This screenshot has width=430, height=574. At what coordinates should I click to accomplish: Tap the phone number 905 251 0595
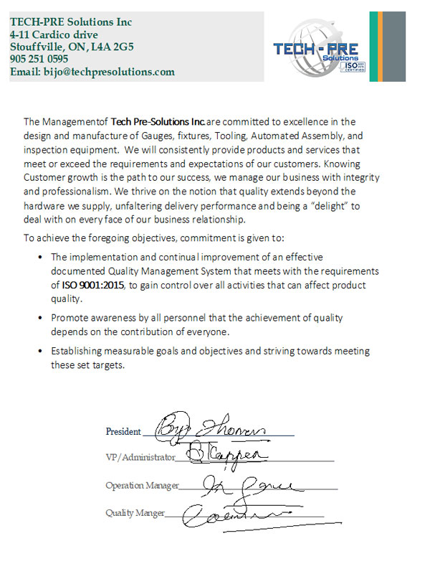(x=39, y=60)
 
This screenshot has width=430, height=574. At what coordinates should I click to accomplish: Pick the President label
(x=123, y=431)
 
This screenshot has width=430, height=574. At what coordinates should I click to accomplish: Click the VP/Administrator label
(x=140, y=457)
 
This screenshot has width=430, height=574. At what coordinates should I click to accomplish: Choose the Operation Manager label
(x=142, y=486)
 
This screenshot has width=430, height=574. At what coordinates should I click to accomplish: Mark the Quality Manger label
(x=135, y=513)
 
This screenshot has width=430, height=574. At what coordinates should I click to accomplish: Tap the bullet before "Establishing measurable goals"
(x=37, y=351)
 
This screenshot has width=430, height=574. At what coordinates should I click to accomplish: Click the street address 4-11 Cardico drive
(x=54, y=34)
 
